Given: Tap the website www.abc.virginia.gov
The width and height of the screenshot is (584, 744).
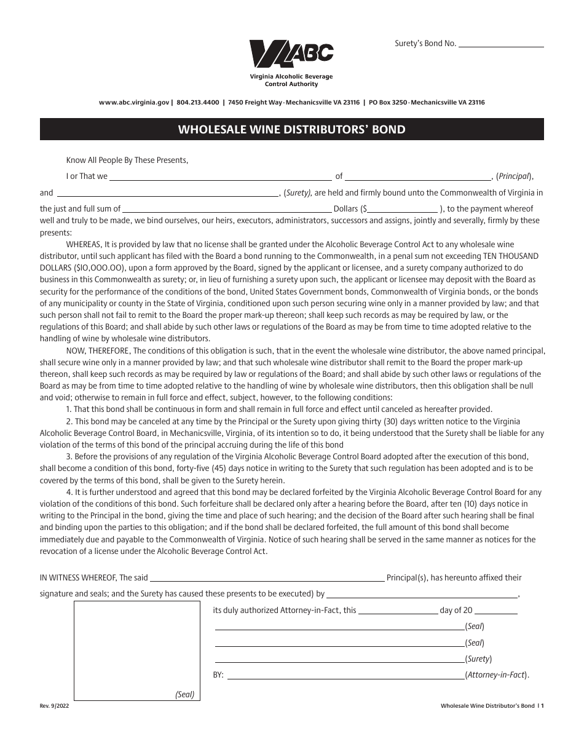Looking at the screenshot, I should click(133, 103).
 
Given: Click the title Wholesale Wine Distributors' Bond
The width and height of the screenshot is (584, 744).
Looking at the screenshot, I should click(291, 130).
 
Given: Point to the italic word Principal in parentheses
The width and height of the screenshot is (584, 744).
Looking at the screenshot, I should click(514, 176).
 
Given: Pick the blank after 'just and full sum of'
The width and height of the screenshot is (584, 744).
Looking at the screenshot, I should click(226, 210).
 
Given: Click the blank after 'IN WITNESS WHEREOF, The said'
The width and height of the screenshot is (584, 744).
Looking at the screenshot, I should click(267, 579).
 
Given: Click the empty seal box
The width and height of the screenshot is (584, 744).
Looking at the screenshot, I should click(137, 651).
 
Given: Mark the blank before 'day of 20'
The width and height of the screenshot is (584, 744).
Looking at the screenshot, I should click(398, 612).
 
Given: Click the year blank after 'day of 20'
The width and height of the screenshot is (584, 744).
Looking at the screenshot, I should click(497, 612).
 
